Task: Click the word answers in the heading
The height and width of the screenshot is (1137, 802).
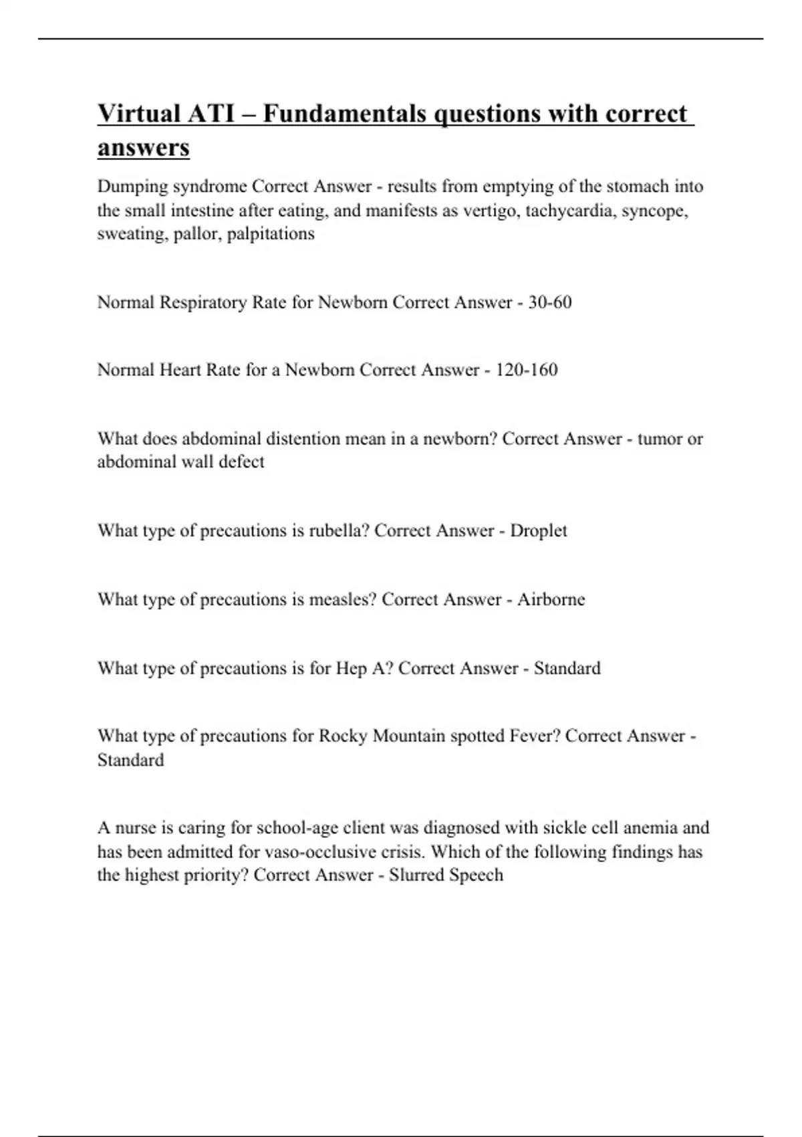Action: (143, 148)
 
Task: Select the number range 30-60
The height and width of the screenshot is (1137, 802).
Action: (549, 302)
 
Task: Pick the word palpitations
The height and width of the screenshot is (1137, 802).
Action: (270, 234)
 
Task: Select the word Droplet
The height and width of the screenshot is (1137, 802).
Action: (538, 530)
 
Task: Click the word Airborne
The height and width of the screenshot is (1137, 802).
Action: (551, 599)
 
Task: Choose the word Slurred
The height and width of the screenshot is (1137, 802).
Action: (416, 875)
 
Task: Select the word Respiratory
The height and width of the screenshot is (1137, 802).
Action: (203, 302)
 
